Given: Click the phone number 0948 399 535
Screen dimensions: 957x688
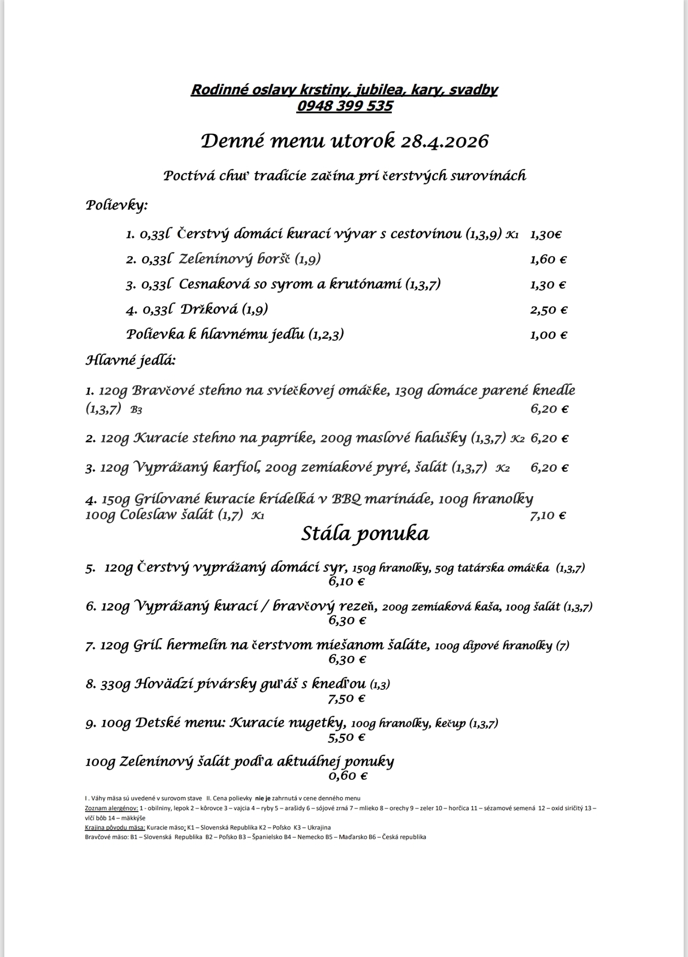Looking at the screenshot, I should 344,106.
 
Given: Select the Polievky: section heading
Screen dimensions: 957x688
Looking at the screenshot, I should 117,206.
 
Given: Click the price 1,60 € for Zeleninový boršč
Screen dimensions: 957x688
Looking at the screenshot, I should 548,260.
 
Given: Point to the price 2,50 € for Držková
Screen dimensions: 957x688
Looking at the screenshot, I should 548,310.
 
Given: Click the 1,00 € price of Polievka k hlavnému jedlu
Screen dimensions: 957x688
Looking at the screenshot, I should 548,335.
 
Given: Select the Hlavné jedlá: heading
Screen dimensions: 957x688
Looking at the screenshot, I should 130,360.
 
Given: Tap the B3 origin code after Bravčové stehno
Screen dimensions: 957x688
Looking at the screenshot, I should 136,410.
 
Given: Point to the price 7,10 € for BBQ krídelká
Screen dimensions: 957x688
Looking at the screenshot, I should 548,515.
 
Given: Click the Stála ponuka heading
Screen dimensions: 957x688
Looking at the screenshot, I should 365,533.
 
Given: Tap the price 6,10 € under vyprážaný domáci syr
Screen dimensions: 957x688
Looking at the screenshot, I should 346,582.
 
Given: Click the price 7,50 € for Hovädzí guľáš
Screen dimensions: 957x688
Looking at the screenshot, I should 346,698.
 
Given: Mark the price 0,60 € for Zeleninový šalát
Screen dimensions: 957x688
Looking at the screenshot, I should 347,775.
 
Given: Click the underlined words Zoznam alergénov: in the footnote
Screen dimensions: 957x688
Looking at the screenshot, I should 111,808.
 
